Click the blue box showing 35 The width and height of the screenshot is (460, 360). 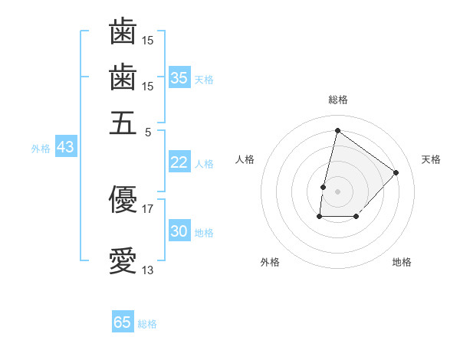pos(179,78)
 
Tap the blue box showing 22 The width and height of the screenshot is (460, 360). pos(179,162)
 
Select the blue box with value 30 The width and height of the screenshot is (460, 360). pos(179,231)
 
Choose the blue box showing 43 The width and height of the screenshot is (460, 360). pos(65,147)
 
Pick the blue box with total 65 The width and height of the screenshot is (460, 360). pos(123,322)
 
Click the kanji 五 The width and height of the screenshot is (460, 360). pos(123,122)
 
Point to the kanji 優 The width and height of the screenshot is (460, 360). pos(123,199)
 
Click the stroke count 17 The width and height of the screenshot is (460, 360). pos(147,208)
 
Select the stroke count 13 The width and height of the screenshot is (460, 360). pos(147,270)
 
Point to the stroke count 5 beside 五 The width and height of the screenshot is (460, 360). pos(148,131)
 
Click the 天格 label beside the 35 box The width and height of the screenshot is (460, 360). pos(204,79)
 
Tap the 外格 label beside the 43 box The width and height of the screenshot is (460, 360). pos(41,148)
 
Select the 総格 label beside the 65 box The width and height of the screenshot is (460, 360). pos(147,323)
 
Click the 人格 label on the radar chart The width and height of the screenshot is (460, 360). pos(245,159)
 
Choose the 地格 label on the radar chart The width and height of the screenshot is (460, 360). pos(402,262)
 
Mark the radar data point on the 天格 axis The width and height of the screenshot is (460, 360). pos(396,172)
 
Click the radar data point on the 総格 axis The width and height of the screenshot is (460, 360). pos(337,130)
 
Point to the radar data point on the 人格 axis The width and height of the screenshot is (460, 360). pos(324,186)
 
